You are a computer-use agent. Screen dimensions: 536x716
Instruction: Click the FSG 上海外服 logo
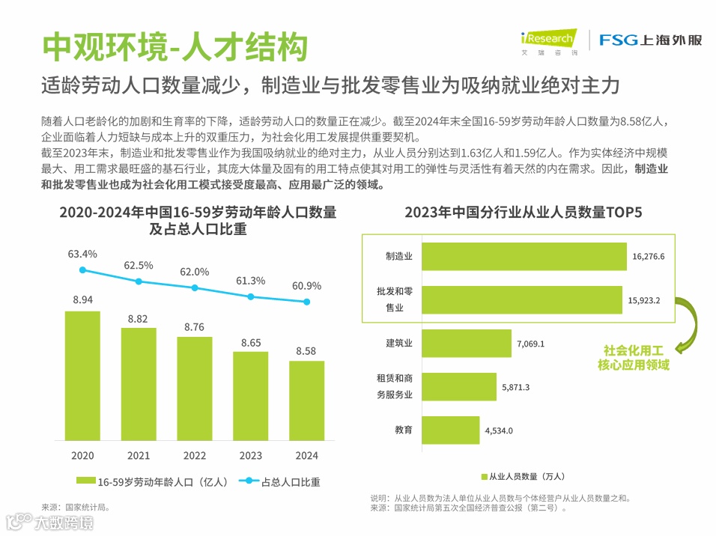point(650,40)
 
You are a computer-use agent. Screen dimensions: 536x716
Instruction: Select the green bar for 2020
point(82,375)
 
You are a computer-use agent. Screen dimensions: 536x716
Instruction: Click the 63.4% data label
point(82,255)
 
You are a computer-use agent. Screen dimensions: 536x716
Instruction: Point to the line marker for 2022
point(195,287)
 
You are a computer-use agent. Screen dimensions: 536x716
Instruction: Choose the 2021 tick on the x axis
point(139,455)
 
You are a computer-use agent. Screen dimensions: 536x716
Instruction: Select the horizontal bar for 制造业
point(524,256)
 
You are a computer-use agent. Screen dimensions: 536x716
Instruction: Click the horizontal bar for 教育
point(450,430)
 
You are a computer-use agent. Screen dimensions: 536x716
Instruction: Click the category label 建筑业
point(399,344)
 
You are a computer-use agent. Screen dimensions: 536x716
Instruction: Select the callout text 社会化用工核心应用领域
point(634,358)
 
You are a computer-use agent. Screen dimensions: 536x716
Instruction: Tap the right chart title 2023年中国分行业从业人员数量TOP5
point(524,213)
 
